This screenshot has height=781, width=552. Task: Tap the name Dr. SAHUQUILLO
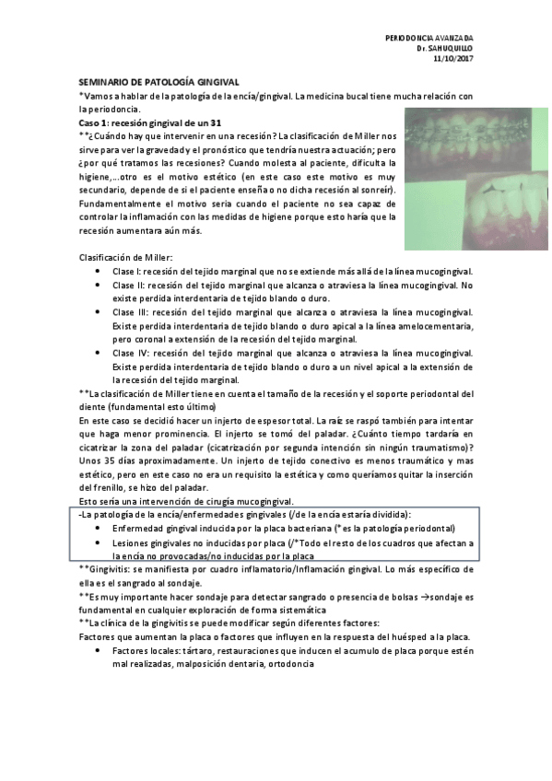click(444, 49)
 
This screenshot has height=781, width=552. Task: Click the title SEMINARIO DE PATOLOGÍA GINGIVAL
click(159, 83)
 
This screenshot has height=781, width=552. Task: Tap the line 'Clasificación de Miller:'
click(126, 257)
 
